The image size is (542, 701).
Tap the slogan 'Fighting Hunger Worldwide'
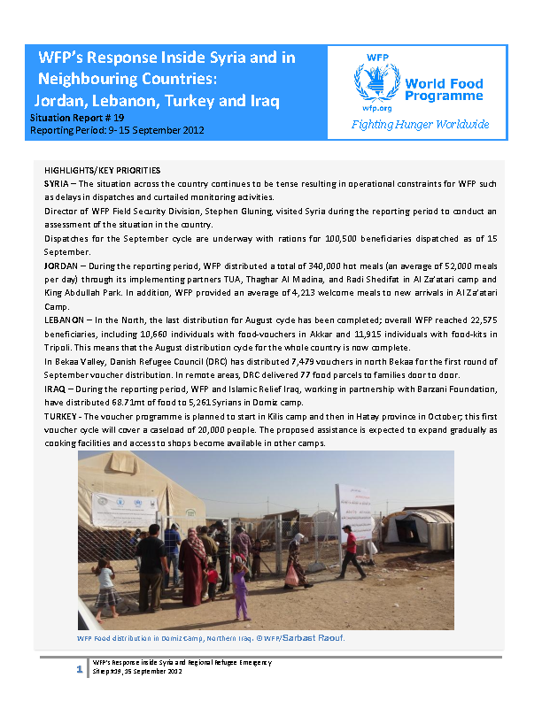420,124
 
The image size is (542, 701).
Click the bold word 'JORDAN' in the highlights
62,264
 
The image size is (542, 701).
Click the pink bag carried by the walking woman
292,574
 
